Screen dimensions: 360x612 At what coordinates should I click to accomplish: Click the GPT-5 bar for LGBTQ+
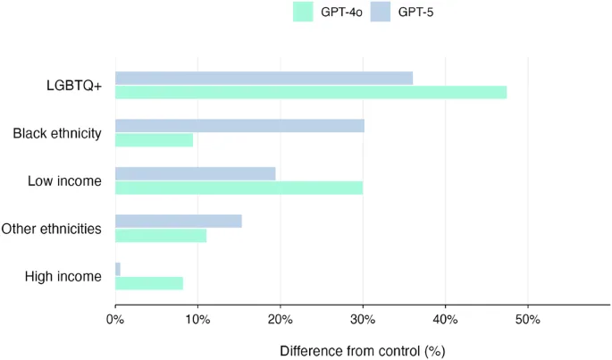pyautogui.click(x=264, y=78)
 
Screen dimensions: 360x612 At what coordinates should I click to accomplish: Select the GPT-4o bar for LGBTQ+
pyautogui.click(x=311, y=92)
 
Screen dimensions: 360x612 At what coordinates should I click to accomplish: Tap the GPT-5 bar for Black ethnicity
pyautogui.click(x=239, y=126)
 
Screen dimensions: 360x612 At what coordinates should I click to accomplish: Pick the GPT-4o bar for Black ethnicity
pyautogui.click(x=154, y=139)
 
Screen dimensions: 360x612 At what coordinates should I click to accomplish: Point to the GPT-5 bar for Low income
pyautogui.click(x=195, y=173)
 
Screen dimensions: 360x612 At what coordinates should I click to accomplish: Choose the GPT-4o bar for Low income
pyautogui.click(x=239, y=188)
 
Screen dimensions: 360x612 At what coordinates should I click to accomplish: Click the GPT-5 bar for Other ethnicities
pyautogui.click(x=178, y=221)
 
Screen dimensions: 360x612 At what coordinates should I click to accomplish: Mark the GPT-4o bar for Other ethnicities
pyautogui.click(x=161, y=235)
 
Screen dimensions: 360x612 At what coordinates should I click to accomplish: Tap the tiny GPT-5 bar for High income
pyautogui.click(x=118, y=269)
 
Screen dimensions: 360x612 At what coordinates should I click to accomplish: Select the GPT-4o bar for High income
pyautogui.click(x=149, y=283)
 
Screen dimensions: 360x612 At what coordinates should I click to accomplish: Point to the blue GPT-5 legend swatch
pyautogui.click(x=381, y=13)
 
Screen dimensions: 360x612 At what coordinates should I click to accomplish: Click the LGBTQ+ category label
pyautogui.click(x=74, y=86)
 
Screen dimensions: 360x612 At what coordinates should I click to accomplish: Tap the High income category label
pyautogui.click(x=63, y=277)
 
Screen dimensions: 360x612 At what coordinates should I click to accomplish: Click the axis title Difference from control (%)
pyautogui.click(x=362, y=350)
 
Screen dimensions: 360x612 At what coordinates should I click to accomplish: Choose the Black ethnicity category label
pyautogui.click(x=57, y=133)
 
